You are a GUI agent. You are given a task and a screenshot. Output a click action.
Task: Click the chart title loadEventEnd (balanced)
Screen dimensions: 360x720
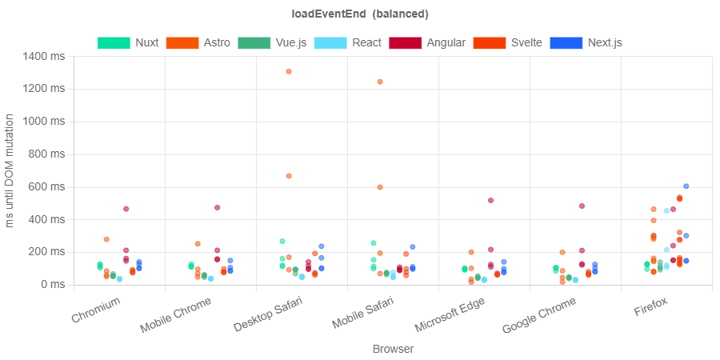[x=359, y=14]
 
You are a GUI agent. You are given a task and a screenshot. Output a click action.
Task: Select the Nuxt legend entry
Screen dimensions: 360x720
[x=128, y=42]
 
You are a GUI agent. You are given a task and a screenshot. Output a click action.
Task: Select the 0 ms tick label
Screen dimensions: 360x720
[x=53, y=284]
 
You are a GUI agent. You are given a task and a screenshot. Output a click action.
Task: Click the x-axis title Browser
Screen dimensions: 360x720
[x=393, y=349]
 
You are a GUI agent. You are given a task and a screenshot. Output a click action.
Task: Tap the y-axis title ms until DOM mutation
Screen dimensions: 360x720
[x=10, y=170]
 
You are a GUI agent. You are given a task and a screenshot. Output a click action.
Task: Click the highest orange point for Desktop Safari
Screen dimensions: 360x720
[x=289, y=71]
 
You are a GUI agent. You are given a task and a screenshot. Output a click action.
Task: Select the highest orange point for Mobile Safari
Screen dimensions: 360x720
[x=380, y=82]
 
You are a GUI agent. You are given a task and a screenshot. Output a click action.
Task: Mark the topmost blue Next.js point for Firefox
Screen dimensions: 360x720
[x=686, y=186]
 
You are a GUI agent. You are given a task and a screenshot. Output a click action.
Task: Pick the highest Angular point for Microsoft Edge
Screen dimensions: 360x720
[x=490, y=200]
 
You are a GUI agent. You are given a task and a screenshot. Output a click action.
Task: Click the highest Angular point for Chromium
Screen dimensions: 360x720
[x=126, y=209]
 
